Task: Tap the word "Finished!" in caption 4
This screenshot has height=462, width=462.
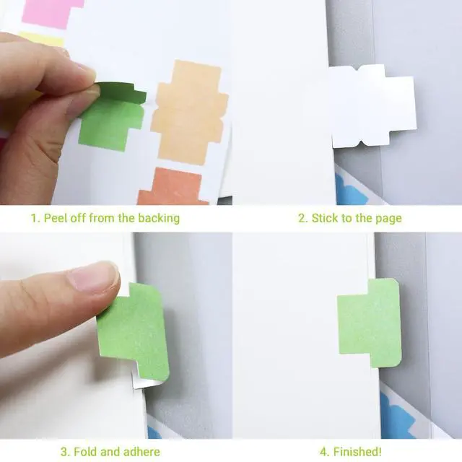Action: (x=357, y=451)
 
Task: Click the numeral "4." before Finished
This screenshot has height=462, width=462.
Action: (x=325, y=452)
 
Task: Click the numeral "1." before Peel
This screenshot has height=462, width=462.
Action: (x=35, y=219)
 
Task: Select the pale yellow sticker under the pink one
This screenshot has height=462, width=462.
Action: (x=43, y=39)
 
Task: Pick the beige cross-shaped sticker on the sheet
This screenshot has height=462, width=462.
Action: (x=189, y=112)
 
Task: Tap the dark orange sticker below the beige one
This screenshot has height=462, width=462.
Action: (x=174, y=186)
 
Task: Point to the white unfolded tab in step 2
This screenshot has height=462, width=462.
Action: (x=372, y=106)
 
